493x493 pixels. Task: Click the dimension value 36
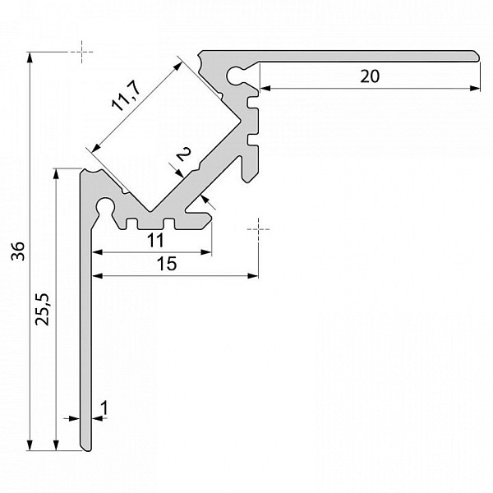tap(17, 251)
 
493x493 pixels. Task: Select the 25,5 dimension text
tap(43, 310)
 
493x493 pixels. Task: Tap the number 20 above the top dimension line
tap(370, 76)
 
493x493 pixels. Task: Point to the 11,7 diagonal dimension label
tap(126, 96)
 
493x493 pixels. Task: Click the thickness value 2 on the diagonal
tap(183, 154)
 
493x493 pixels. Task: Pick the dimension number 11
tap(155, 241)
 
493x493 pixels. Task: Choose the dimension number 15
tap(167, 264)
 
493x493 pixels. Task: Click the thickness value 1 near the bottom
tap(104, 408)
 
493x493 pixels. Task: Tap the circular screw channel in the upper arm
tap(235, 76)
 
